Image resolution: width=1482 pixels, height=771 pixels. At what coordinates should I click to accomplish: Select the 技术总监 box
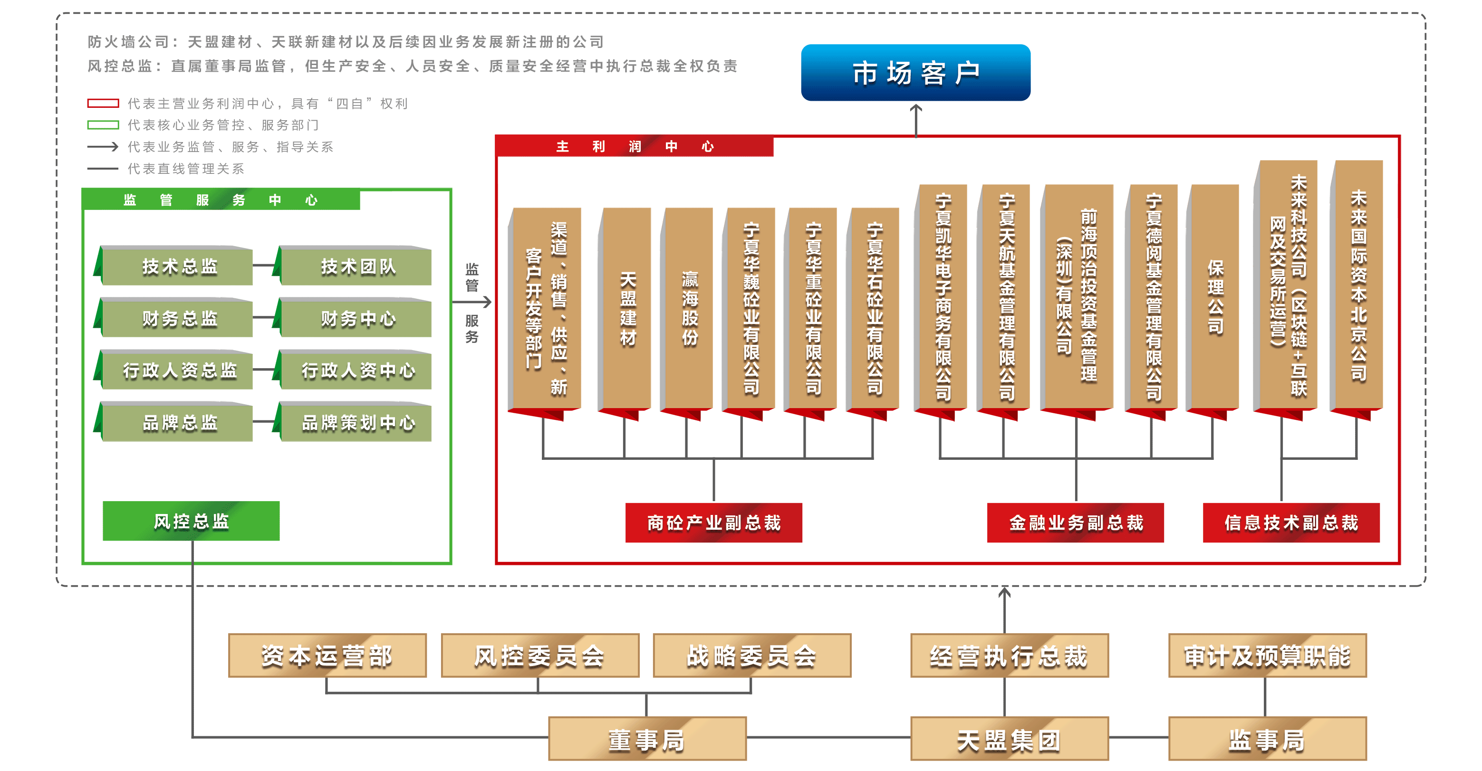[x=179, y=266]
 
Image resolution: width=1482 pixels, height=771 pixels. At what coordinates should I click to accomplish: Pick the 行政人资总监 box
[x=179, y=370]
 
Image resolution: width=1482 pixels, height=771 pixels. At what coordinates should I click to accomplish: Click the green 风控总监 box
[x=191, y=521]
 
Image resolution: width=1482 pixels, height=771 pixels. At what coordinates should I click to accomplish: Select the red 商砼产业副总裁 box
[x=713, y=523]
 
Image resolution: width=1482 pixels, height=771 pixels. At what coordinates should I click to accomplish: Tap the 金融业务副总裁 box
[x=1075, y=523]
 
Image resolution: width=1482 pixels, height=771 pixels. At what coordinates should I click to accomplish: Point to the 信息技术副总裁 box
[x=1291, y=523]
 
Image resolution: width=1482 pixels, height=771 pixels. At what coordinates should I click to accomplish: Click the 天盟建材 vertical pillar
[x=627, y=309]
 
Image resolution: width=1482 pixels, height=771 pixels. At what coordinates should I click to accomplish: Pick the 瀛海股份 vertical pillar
[x=689, y=309]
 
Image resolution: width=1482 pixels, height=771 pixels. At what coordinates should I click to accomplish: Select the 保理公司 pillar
[x=1214, y=297]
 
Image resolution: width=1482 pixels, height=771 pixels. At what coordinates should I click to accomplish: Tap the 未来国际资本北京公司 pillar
[x=1358, y=286]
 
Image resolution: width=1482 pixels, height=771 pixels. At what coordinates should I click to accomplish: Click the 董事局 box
[x=647, y=739]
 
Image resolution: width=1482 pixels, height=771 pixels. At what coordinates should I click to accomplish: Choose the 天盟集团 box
[x=1009, y=739]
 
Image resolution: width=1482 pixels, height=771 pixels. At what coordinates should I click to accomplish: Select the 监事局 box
[x=1267, y=739]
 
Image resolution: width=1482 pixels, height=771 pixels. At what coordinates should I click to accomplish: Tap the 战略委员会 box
[x=752, y=656]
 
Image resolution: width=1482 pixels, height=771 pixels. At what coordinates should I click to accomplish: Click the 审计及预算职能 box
[x=1267, y=656]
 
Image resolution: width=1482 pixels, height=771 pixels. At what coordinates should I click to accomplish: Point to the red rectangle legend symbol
[x=103, y=104]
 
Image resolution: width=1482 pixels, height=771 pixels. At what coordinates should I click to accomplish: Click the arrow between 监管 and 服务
[x=472, y=302]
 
